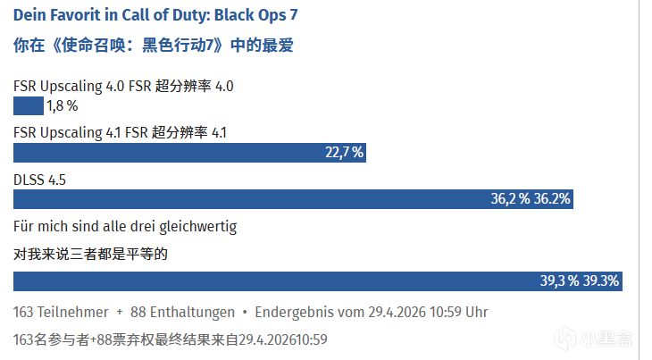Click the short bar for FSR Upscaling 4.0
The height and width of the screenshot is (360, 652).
[x=28, y=107]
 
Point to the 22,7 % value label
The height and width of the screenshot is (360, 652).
[x=344, y=153]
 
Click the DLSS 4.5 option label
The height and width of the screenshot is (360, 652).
[x=40, y=180]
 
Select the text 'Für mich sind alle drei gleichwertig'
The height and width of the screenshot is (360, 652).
[x=125, y=227]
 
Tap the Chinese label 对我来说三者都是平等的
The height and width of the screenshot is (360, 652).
[x=91, y=255]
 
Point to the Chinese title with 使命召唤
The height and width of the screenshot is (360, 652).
[x=154, y=45]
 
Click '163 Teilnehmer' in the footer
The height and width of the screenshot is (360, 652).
[x=59, y=314]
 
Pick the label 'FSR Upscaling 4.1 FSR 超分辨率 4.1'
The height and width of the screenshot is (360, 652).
[x=121, y=133]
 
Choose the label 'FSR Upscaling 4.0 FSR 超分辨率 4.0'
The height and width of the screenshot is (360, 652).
[x=124, y=87]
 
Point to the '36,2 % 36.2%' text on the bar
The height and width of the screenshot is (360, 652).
[x=530, y=198]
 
